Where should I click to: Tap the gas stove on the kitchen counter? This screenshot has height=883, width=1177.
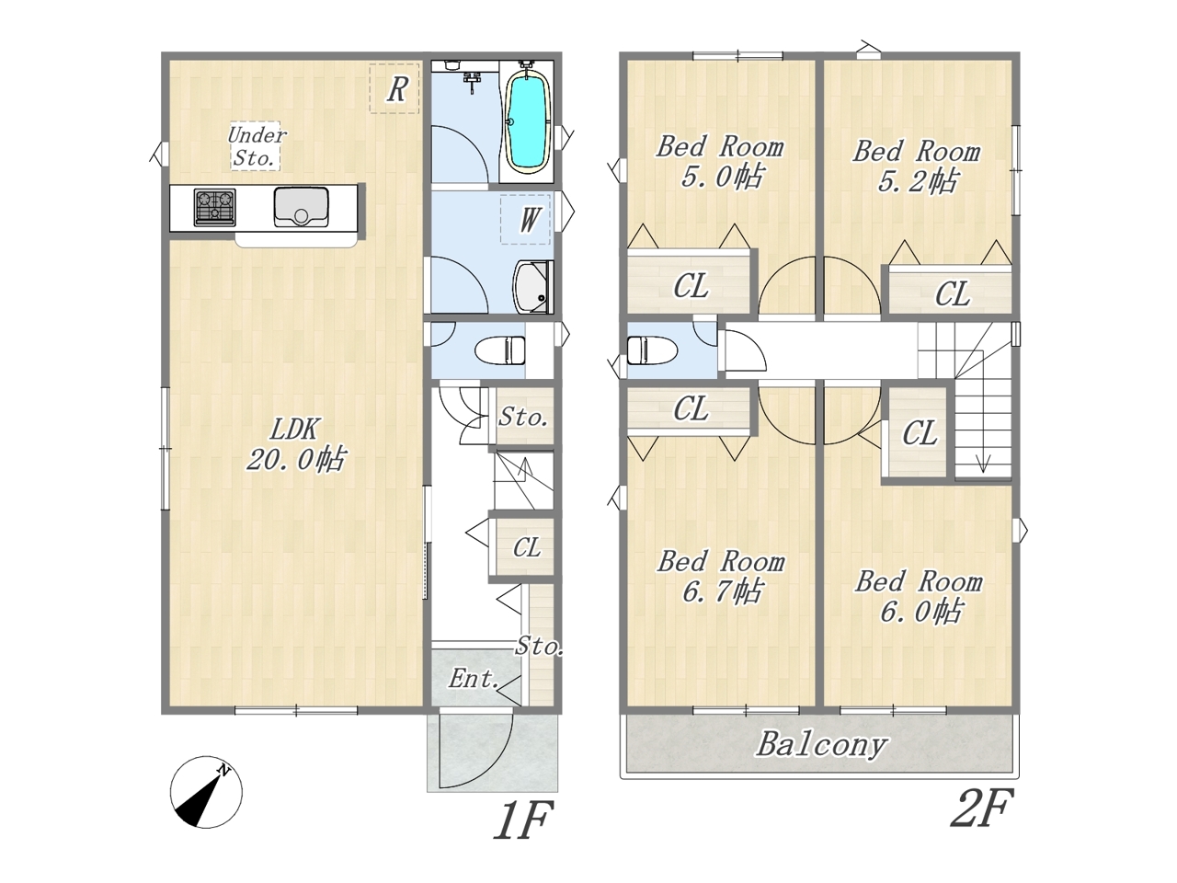pos(214,207)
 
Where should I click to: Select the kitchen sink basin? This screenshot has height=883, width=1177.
pos(302,207)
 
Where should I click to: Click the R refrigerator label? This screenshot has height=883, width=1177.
pos(397,89)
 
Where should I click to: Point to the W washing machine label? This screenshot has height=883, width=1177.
pos(528,221)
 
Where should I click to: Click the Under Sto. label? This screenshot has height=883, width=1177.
pos(257,146)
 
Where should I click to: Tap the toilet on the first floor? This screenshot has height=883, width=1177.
pos(499,350)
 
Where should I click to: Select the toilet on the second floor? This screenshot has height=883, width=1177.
pos(651,350)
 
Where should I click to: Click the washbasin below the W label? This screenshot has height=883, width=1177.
pos(533,287)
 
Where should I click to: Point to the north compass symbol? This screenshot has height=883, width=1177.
pos(206,792)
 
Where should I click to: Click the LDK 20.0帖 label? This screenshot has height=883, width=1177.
pos(295,445)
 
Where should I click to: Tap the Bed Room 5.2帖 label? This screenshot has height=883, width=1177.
pos(917,166)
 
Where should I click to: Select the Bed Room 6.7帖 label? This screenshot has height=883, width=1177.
pos(721,577)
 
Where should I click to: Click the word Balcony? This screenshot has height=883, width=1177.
pos(821,746)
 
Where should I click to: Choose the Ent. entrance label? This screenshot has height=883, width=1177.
pos(474,680)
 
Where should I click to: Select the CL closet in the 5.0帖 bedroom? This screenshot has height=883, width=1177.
pos(691,286)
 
